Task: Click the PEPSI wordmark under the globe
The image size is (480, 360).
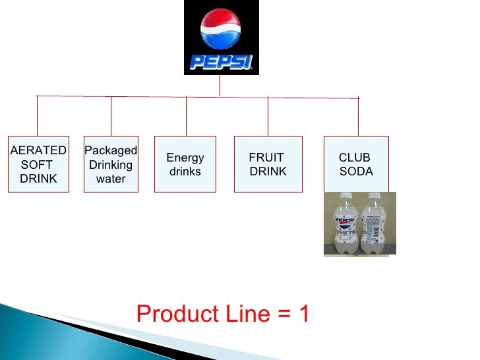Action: coord(221,61)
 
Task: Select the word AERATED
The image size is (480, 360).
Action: coord(38,150)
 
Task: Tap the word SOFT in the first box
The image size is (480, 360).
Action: coord(37,164)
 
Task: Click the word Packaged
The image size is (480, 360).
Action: coord(111,151)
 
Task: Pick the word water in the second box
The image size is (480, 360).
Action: coord(111,179)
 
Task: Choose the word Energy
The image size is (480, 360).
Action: coord(185,158)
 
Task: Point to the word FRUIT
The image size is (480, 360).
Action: coord(266,158)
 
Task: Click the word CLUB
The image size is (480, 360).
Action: coord(354,158)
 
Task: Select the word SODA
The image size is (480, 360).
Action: coord(356,171)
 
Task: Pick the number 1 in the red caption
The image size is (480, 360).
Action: coord(303,314)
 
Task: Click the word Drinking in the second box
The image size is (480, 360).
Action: coord(111,165)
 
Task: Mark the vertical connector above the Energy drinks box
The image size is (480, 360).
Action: coord(186,116)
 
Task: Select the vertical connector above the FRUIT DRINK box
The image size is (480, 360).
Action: coord(268,117)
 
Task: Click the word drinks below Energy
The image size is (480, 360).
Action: coord(185,171)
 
